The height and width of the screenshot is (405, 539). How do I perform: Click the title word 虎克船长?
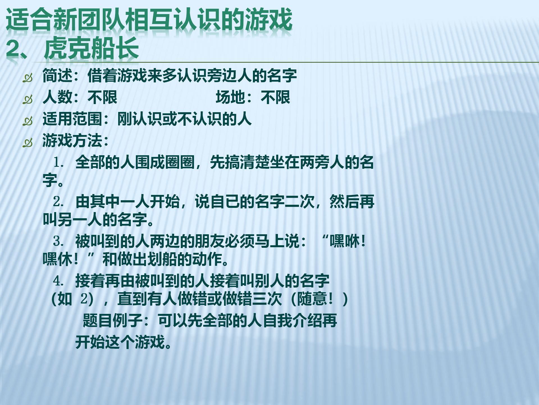(92, 48)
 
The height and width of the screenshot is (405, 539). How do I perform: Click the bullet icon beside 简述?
(28, 77)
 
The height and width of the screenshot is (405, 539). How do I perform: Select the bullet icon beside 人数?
(28, 99)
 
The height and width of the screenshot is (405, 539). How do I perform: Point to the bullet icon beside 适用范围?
(28, 121)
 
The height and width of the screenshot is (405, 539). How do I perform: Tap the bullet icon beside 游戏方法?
(28, 143)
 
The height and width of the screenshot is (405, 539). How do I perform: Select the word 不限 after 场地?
(275, 97)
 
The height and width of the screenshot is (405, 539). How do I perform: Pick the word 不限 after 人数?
(102, 97)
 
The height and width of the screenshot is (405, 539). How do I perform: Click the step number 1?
(58, 163)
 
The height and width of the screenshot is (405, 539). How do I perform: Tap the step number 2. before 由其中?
(58, 202)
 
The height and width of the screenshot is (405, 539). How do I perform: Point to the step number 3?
(58, 241)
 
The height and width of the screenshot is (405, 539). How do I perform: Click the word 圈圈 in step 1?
(180, 162)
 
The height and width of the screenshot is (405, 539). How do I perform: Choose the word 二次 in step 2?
(300, 202)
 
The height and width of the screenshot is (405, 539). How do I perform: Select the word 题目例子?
(113, 321)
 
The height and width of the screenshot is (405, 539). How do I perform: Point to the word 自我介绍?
(292, 321)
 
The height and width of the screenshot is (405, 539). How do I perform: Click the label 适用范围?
(72, 119)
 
